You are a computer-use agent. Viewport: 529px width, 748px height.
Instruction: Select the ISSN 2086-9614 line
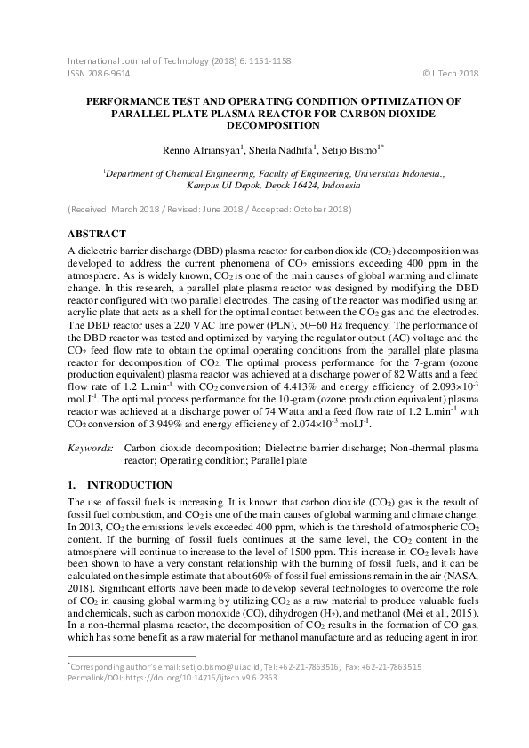coord(100,73)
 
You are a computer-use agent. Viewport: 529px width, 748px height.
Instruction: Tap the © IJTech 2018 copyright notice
coord(451,73)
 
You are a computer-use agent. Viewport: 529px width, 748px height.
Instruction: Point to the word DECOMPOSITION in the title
coord(264,126)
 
